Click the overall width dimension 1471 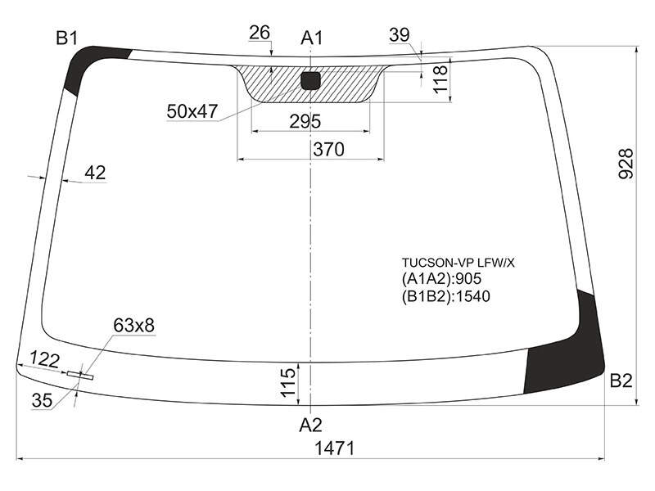click(334, 448)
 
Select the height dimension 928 click(626, 164)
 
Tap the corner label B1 click(67, 38)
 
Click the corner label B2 click(621, 381)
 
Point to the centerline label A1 click(312, 38)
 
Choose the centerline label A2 click(311, 425)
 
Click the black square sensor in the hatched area click(311, 80)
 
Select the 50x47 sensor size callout click(192, 111)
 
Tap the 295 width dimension click(305, 121)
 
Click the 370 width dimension click(329, 150)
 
